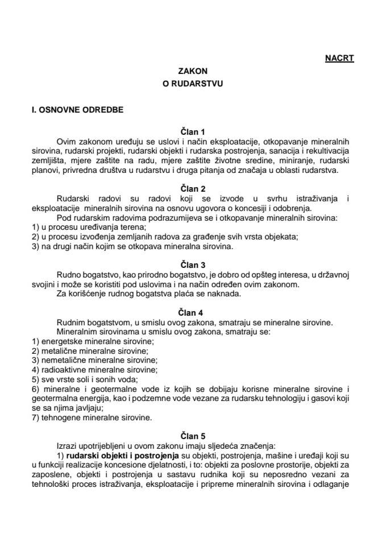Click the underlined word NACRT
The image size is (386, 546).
click(x=339, y=58)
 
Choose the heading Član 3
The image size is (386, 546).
click(x=192, y=265)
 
